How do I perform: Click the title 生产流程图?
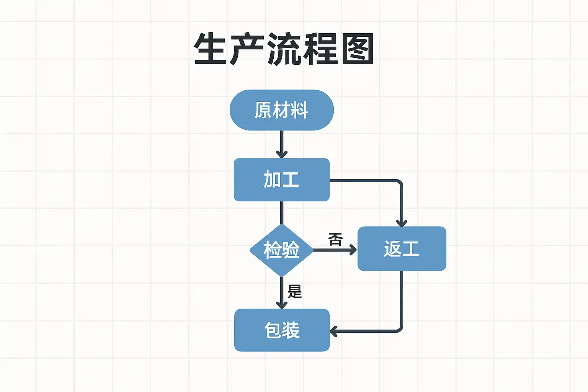click(283, 49)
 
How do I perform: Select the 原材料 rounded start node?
click(281, 110)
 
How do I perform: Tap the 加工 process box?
click(281, 180)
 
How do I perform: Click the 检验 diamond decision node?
click(282, 250)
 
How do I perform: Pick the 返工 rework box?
click(402, 249)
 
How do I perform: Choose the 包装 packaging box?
click(282, 330)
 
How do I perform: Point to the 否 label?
click(335, 240)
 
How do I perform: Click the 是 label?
click(295, 292)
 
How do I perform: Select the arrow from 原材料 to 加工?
click(282, 144)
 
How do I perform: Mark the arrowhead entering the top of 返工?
click(401, 223)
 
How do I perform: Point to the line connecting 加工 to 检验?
click(282, 212)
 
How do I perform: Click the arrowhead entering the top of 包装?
click(282, 305)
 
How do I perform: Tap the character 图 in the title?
click(358, 49)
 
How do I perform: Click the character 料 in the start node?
click(299, 110)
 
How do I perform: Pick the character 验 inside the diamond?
click(291, 250)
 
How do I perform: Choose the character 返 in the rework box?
click(392, 249)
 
